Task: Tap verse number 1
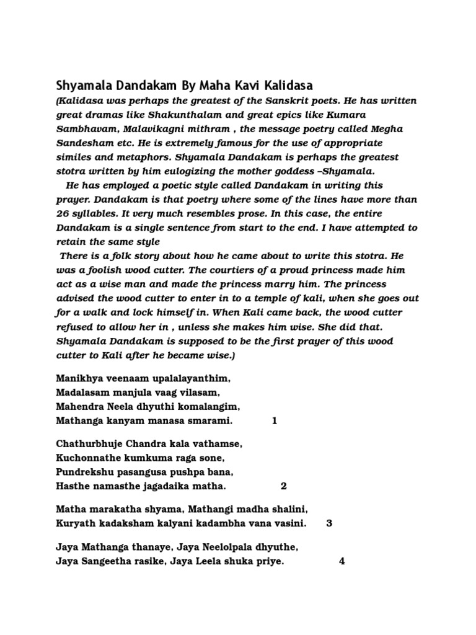tap(275, 422)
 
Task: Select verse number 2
tap(284, 486)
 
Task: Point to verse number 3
tap(329, 523)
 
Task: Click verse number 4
tap(342, 562)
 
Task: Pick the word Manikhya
tap(80, 378)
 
